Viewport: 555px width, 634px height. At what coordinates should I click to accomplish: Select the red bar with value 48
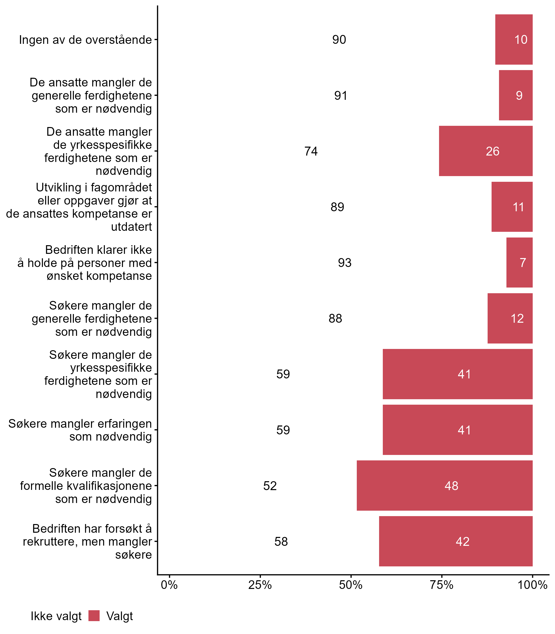tap(444, 485)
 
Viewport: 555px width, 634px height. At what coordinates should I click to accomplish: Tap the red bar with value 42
tap(456, 541)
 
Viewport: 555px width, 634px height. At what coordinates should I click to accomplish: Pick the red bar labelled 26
tap(486, 151)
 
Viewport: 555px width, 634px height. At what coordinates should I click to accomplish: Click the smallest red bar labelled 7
tap(519, 263)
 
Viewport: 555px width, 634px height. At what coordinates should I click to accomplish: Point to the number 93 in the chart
tap(344, 263)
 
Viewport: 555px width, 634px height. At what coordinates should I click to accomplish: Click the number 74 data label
tap(311, 151)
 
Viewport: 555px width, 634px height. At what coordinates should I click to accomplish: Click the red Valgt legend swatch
tap(94, 616)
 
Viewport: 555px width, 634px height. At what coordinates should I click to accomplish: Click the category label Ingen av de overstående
tap(85, 40)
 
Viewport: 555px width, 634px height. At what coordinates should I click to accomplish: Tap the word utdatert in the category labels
tap(131, 227)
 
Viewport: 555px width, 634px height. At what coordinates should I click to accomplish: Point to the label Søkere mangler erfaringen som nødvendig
tap(80, 430)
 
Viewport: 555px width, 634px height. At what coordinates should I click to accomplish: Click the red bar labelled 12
tap(510, 318)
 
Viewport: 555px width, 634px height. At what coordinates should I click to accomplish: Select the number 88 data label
tap(335, 318)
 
